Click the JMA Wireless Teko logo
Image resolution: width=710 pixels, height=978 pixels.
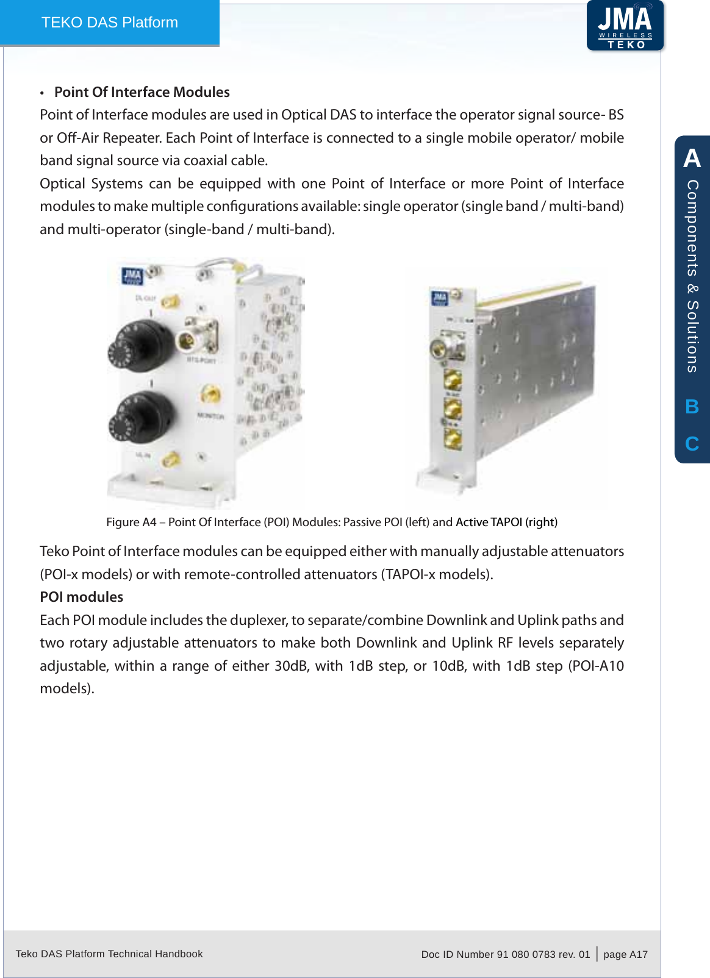625,26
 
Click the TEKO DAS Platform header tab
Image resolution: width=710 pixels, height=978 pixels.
110,23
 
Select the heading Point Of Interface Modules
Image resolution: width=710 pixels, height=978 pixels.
142,92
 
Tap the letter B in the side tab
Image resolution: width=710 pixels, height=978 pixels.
692,407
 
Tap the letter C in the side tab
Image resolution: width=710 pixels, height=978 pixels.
692,443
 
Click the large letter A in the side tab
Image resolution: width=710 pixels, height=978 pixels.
692,159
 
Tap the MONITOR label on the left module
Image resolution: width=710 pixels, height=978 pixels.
210,416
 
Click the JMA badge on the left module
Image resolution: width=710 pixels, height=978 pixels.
132,276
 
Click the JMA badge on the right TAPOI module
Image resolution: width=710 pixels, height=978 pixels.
440,298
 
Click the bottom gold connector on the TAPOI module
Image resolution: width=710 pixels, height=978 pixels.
453,438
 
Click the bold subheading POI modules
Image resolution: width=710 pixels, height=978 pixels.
81,597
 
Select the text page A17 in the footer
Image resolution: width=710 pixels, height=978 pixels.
625,954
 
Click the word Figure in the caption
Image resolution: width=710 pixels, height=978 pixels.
123,522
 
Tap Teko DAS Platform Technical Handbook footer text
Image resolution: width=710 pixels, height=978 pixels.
109,954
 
